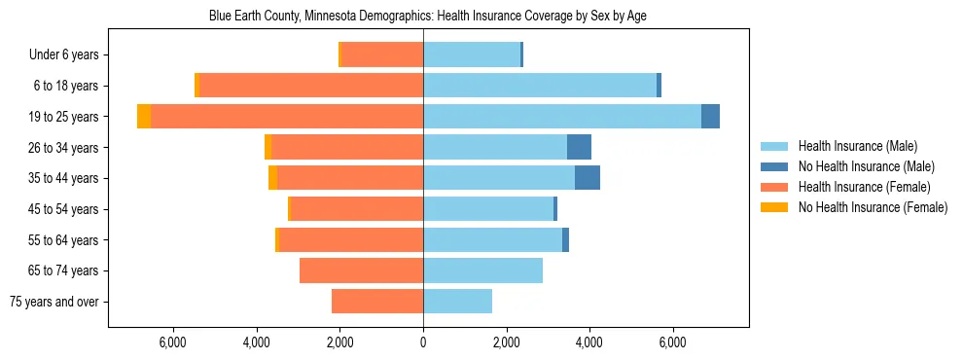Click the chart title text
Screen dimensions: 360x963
point(428,17)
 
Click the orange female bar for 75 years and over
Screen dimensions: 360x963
point(377,302)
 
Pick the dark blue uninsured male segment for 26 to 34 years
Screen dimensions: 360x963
point(579,147)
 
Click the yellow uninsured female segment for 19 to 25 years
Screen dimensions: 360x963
point(144,116)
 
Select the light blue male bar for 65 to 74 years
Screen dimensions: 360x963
point(482,270)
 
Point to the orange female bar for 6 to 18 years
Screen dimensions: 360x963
point(311,86)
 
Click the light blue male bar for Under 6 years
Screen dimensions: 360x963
point(472,54)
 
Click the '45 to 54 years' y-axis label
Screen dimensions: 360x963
point(64,209)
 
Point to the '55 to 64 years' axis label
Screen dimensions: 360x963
point(64,240)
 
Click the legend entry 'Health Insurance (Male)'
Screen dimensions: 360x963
point(856,146)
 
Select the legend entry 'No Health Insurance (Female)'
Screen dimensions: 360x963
point(873,207)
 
